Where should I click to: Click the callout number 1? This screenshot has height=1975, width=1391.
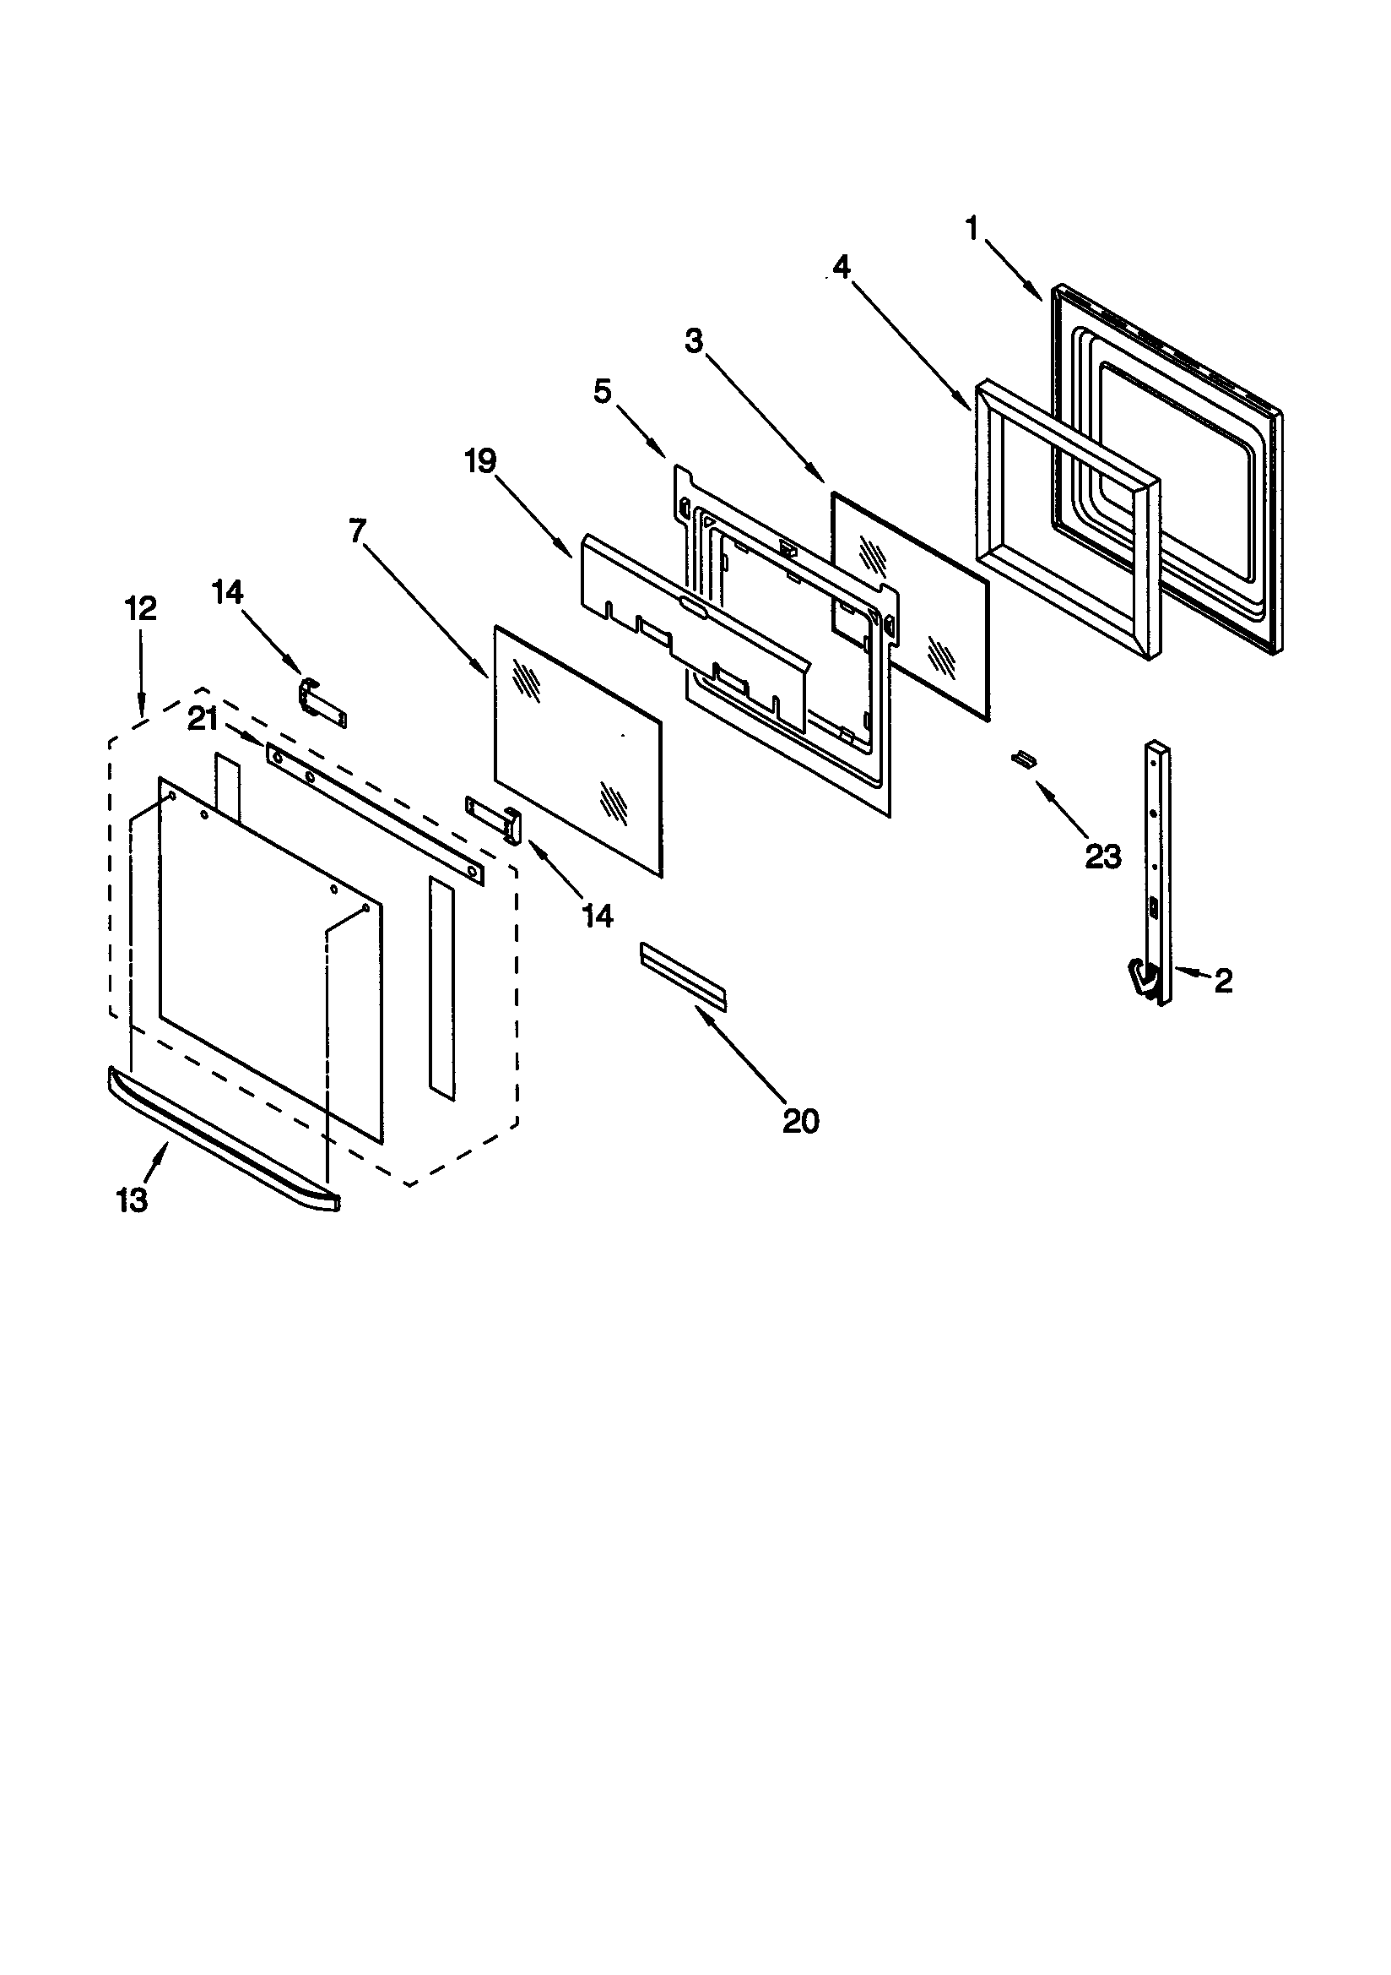point(972,229)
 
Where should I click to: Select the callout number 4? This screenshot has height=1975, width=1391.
point(841,268)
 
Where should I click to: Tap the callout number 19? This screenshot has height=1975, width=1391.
point(480,461)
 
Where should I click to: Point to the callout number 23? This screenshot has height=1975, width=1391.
point(1103,856)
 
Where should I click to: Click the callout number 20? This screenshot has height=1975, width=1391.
point(800,1121)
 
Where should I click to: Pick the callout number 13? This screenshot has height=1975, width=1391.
point(133,1200)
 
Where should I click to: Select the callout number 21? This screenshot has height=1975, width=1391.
point(203,718)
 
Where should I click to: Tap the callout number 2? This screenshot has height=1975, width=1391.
point(1223,980)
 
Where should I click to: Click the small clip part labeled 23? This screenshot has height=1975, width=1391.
point(1022,757)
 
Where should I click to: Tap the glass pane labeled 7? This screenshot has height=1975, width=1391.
point(577,748)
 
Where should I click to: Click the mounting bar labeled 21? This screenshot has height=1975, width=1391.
point(375,813)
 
